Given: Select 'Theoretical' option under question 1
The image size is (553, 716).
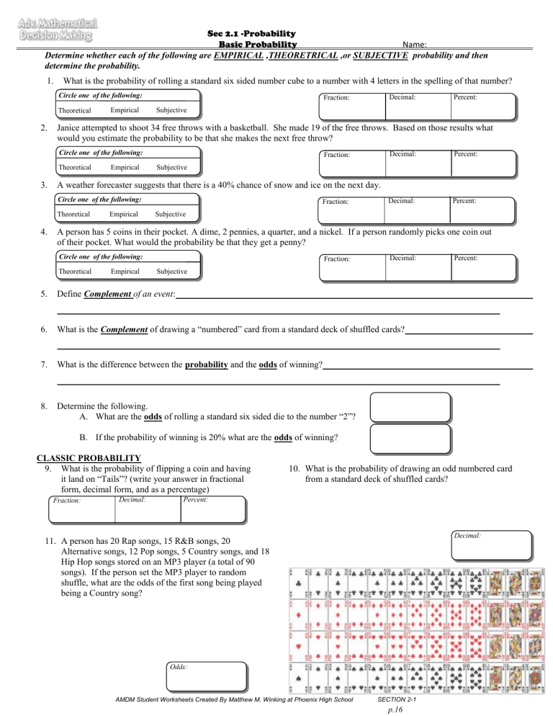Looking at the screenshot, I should (74, 110).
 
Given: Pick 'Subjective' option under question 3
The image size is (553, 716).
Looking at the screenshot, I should (171, 213).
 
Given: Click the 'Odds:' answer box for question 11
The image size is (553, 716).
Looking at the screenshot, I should (205, 678).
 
